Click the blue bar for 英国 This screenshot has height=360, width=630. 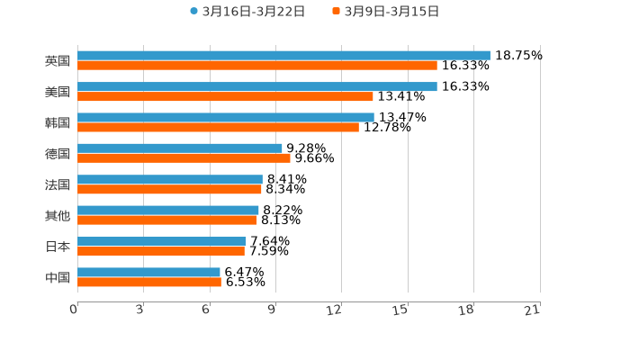click(283, 55)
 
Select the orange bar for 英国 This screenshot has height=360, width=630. click(257, 66)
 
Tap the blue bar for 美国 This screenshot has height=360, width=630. click(257, 86)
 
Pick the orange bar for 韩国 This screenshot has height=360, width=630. click(218, 127)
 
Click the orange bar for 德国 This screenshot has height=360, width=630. click(184, 158)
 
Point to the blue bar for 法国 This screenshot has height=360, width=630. click(170, 179)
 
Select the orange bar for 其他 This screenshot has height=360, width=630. click(166, 220)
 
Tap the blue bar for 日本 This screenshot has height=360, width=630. click(161, 241)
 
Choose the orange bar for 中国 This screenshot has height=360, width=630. click(149, 283)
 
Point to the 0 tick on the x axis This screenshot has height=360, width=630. click(75, 310)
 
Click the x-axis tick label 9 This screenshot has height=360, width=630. click(273, 310)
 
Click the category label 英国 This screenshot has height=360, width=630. click(58, 60)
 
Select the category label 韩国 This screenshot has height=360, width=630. click(58, 122)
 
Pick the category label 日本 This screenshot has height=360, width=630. click(58, 247)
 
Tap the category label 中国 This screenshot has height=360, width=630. click(58, 277)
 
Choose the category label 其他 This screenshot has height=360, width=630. click(58, 215)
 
